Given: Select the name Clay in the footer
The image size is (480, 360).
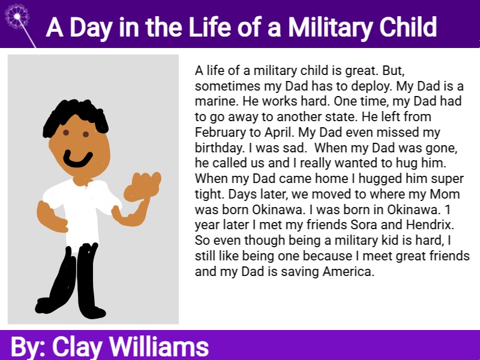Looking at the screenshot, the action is point(77,347).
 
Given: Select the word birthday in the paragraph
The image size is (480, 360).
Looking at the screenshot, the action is point(219,148).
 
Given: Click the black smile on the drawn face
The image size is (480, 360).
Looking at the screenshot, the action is point(78,159).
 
